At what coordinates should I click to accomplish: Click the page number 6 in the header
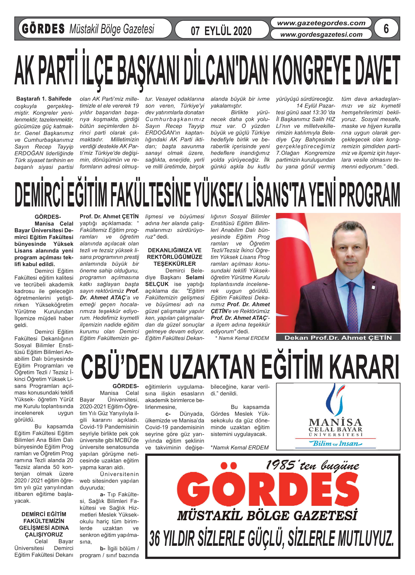coord(386,29)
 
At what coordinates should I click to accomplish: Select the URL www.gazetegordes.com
coord(321,23)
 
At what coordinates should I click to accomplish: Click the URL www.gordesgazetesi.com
coord(321,34)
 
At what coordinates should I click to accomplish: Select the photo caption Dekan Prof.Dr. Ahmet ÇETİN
coord(338,338)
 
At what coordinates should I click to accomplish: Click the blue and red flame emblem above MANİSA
coord(336,400)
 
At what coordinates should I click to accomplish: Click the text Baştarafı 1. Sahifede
coord(44,99)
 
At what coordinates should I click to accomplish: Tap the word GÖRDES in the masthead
coord(43,29)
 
